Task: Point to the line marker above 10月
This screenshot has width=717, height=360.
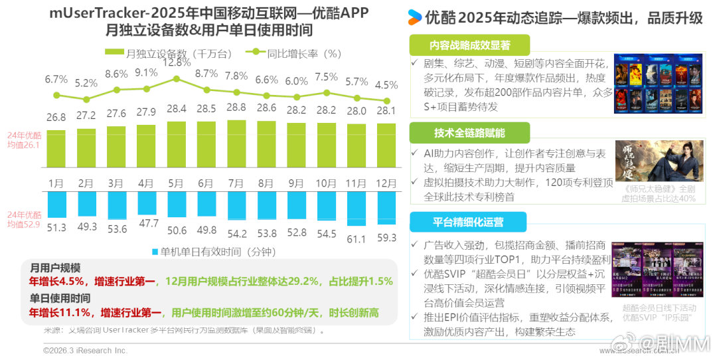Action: point(326,93)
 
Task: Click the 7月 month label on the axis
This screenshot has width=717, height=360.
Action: point(236,183)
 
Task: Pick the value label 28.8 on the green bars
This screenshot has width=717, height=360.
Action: point(236,108)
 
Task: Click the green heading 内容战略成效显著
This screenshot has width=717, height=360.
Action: point(469,45)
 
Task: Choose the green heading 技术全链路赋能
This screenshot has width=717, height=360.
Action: point(469,133)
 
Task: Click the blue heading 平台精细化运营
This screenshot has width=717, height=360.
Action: point(468,222)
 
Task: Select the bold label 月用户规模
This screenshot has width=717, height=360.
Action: point(55,268)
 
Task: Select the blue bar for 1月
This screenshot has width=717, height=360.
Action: point(56,207)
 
